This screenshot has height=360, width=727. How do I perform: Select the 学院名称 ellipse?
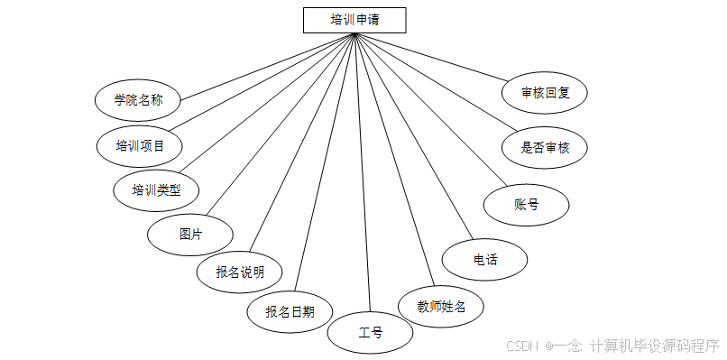click(138, 99)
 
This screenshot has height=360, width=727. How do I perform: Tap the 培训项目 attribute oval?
click(140, 144)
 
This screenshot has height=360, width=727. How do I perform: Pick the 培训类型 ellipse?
click(156, 189)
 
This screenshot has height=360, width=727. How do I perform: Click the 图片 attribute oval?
click(190, 234)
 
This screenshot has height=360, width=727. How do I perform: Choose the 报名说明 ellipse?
click(240, 271)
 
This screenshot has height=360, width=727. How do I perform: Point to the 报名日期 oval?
click(290, 311)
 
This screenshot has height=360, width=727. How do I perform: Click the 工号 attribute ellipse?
click(370, 333)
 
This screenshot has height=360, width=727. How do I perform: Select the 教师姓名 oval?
click(441, 306)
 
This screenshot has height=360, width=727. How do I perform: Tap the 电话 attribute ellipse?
click(484, 260)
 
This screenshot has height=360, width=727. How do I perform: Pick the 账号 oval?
click(527, 204)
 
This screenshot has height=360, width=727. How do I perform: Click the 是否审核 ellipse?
click(546, 147)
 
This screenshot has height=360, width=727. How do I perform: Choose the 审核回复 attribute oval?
click(545, 92)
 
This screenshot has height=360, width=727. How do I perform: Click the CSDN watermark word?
click(522, 346)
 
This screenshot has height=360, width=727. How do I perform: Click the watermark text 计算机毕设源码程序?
click(654, 346)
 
